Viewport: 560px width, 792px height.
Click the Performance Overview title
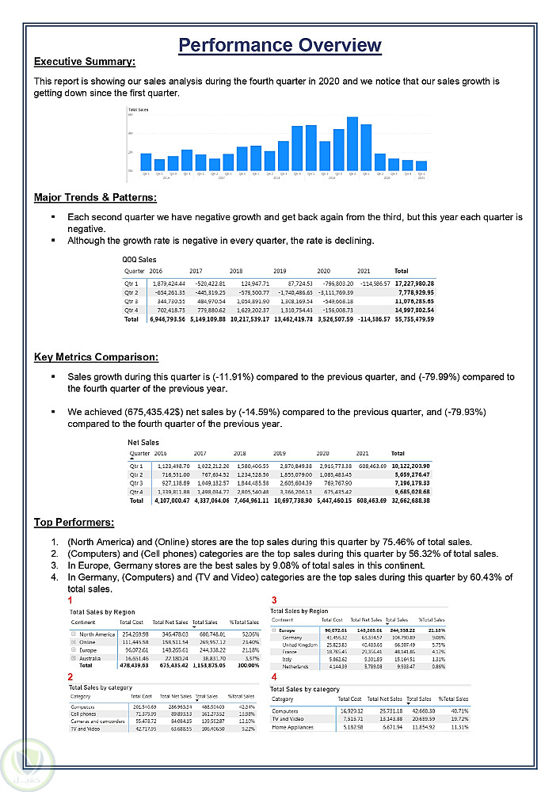click(280, 45)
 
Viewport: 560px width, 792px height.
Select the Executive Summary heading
click(85, 62)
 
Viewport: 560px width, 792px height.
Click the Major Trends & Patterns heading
click(95, 197)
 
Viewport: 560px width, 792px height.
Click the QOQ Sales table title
click(139, 259)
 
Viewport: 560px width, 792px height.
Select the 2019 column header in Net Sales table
click(280, 454)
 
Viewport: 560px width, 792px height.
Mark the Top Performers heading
click(74, 522)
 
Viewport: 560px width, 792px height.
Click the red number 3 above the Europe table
click(274, 600)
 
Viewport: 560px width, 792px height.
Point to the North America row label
click(97, 634)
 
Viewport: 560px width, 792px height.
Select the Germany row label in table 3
click(292, 637)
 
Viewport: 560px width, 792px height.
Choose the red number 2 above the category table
click(70, 677)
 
